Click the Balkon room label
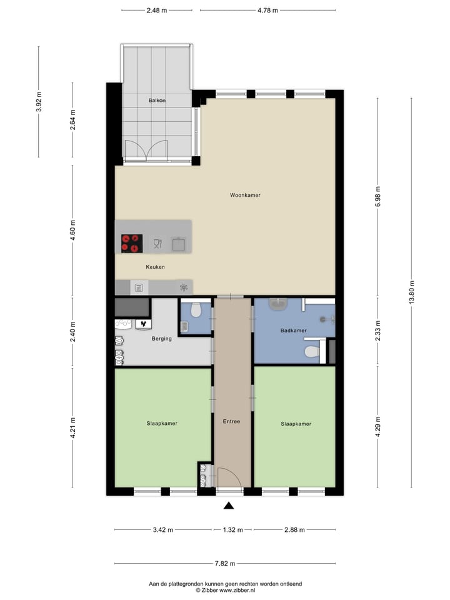coord(157,100)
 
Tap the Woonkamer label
coord(245,195)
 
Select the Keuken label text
coord(155,266)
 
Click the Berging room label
coord(161,339)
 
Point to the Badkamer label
coord(293,330)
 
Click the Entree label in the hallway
coord(231,421)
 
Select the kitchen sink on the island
coord(179,243)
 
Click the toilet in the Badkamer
coord(311,352)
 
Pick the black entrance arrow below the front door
coord(229,506)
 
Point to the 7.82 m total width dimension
coord(226,563)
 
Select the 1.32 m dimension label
coord(232,530)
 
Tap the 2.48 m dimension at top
coord(157,10)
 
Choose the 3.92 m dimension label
coord(39,101)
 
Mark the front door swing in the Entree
coord(226,477)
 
